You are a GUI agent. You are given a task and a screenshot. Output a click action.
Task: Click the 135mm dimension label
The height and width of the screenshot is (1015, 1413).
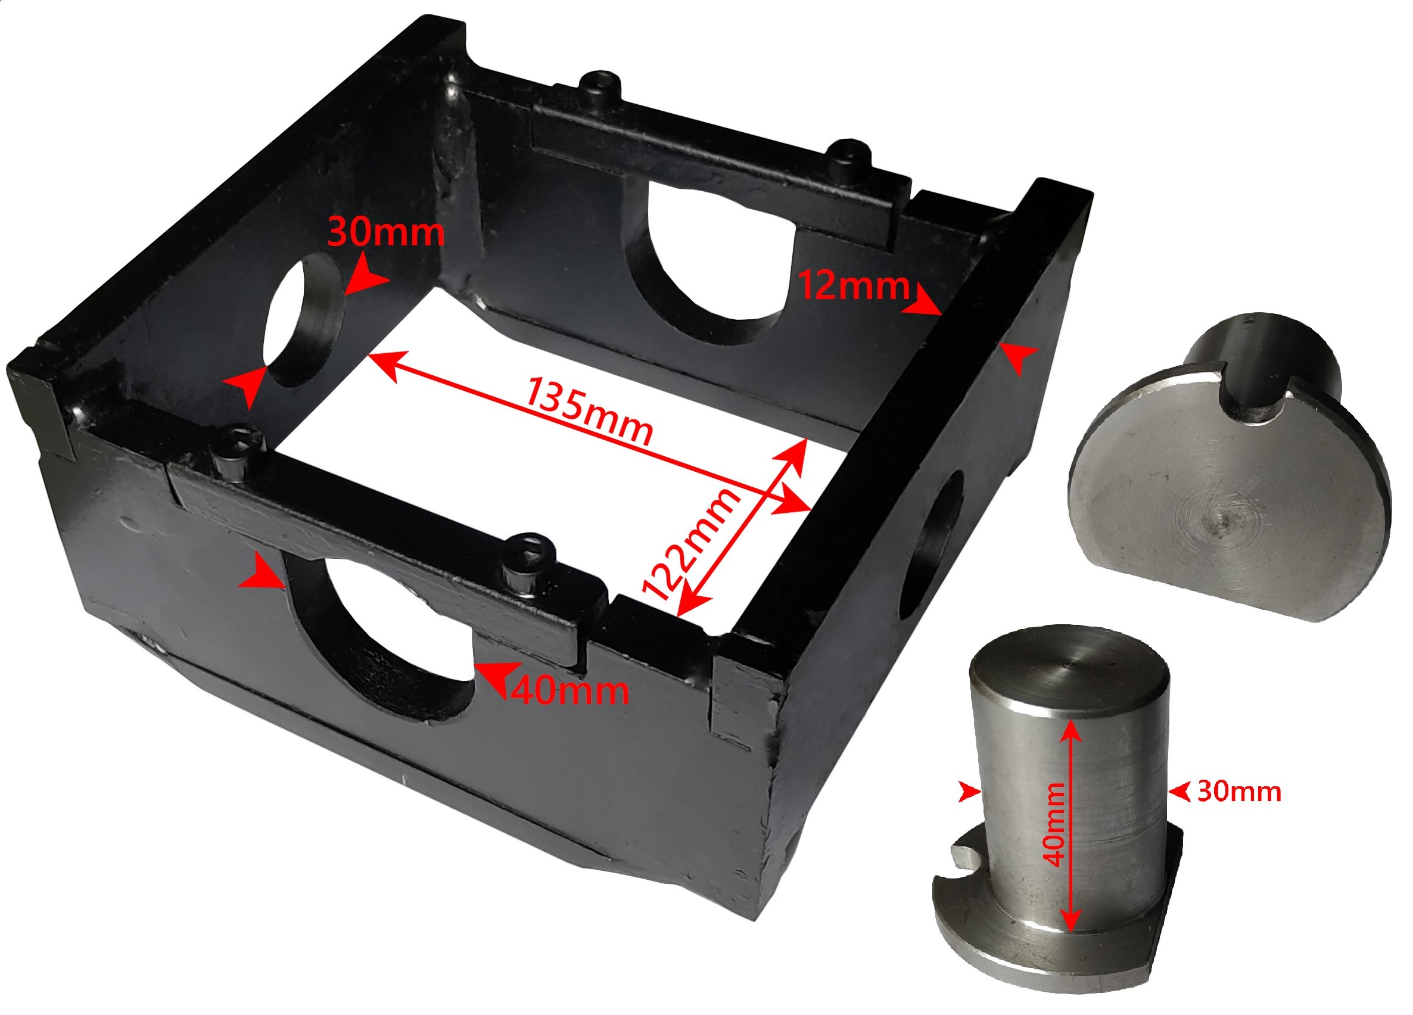(x=589, y=410)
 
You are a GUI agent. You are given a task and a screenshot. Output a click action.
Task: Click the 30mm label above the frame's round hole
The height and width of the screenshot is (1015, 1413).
(x=385, y=232)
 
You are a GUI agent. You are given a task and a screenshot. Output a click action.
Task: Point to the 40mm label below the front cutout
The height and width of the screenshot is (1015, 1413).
(x=570, y=690)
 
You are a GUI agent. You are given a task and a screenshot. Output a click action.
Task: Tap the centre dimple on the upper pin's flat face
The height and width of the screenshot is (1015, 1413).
(x=1222, y=518)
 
